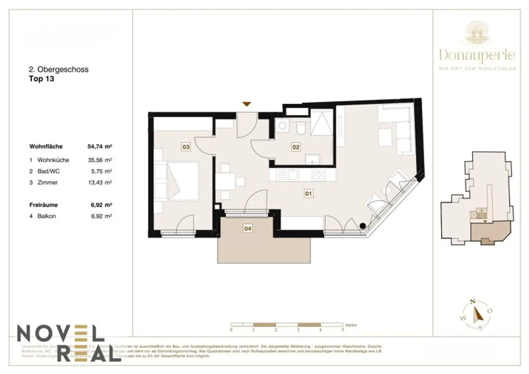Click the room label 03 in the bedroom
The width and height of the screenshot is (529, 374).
[186, 147]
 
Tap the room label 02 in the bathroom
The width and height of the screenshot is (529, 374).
[296, 147]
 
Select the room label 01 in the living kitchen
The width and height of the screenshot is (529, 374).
[308, 194]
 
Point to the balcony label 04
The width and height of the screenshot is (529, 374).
[248, 228]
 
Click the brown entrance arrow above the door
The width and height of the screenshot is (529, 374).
[247, 104]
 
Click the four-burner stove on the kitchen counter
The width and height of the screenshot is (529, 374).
[318, 175]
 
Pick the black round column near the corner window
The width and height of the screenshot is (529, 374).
[363, 226]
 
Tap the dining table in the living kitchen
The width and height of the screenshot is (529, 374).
[226, 181]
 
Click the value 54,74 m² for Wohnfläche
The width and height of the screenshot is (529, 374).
[100, 146]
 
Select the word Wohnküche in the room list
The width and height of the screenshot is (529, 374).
[53, 160]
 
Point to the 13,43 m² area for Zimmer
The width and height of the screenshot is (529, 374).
[100, 182]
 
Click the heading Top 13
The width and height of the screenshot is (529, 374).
[41, 79]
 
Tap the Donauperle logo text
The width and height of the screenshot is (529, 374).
[477, 55]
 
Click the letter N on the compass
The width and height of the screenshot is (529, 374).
[473, 301]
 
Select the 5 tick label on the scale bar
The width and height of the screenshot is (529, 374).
[343, 330]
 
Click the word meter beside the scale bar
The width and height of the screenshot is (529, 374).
[351, 325]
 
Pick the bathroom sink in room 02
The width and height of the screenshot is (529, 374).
[313, 159]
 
